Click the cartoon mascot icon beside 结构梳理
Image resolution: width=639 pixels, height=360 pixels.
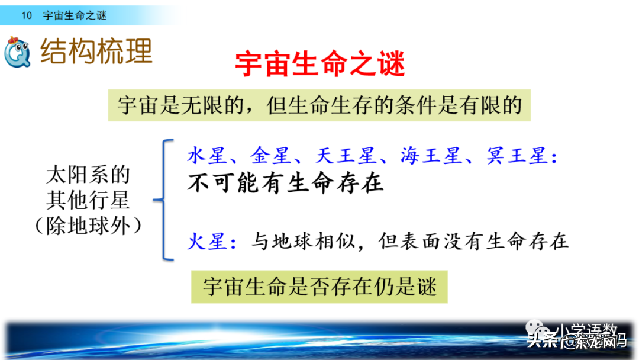click(18, 52)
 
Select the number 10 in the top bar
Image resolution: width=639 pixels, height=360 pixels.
click(27, 16)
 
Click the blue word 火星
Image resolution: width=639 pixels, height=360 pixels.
click(207, 241)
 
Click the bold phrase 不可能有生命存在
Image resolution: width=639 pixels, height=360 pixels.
click(285, 184)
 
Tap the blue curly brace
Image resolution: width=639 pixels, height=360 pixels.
click(164, 200)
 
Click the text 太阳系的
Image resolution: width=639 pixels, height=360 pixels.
click(88, 175)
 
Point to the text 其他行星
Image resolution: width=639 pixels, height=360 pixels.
click(88, 201)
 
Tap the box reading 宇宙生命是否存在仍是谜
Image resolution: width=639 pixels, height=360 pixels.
click(319, 287)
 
